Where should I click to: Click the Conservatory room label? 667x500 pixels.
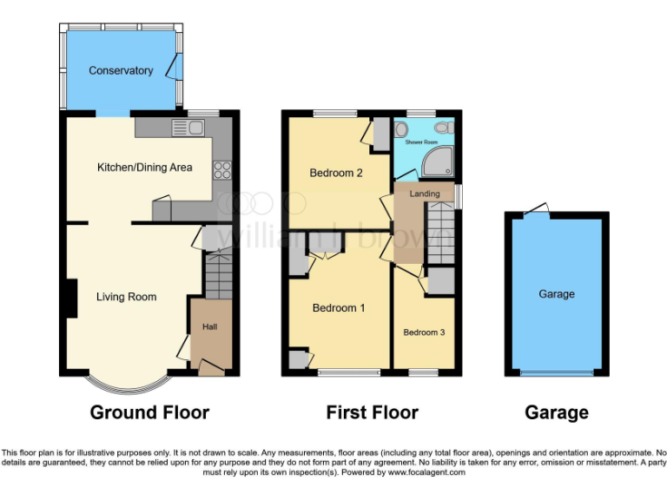pos(121,70)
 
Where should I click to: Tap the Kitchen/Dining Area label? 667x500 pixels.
pos(144,167)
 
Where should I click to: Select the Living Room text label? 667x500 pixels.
pos(126,297)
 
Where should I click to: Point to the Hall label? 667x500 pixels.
pos(210,327)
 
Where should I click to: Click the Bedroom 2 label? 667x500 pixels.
pos(336,173)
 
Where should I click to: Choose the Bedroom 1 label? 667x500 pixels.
pos(339,308)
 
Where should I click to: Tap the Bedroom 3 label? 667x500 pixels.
pos(424,332)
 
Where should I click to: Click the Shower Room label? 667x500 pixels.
pos(421,141)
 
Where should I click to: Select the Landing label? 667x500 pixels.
pos(425,194)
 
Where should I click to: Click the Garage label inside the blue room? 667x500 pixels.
pos(557,294)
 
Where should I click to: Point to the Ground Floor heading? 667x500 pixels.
pos(149,412)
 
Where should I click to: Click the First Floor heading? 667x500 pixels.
pos(372,412)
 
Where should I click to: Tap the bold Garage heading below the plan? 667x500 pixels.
pos(557,412)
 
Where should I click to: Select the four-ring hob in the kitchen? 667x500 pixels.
pos(221,169)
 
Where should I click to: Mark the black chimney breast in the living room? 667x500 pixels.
pos(65,297)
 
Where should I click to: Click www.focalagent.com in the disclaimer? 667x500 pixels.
pos(426,472)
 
